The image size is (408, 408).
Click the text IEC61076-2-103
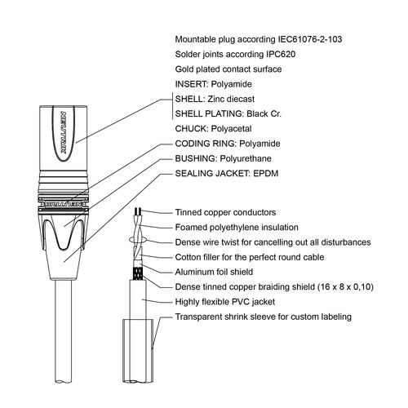310,39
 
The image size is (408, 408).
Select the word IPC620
281,55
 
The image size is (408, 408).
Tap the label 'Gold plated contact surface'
228,69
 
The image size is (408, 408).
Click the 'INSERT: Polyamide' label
214,84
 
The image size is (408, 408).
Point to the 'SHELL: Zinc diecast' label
215,99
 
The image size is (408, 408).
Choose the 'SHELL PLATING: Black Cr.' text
228,113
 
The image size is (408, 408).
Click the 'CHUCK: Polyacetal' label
214,129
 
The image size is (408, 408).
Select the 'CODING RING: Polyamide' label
228,144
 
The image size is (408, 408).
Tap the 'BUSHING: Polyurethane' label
224,158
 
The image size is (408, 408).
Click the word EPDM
266,174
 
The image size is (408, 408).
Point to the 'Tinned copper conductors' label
225,212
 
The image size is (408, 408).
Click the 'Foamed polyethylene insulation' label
237,228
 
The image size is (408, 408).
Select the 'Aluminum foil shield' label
214,272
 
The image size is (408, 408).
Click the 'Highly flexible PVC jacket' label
225,302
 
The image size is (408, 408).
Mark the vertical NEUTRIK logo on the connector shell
64,133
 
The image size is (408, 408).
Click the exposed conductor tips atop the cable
138,211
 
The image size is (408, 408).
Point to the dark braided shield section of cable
138,273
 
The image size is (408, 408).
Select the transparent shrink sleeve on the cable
138,351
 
